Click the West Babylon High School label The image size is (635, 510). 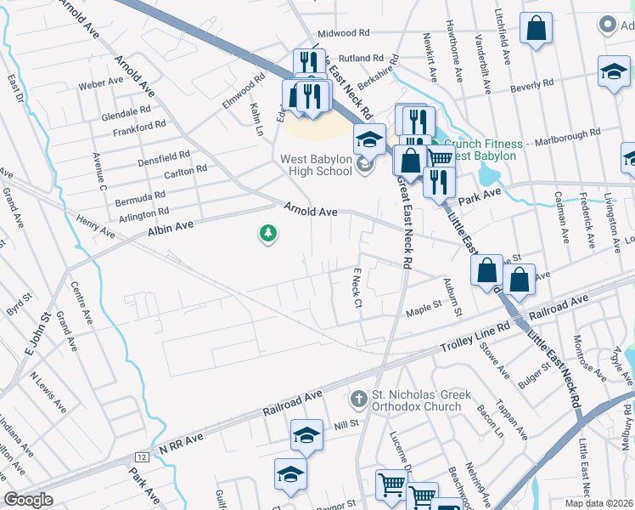pos(317,164)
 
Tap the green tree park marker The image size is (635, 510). pos(268,233)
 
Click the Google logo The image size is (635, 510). pos(28,500)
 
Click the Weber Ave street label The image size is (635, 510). pos(101,85)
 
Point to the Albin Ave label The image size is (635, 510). pos(172,224)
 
